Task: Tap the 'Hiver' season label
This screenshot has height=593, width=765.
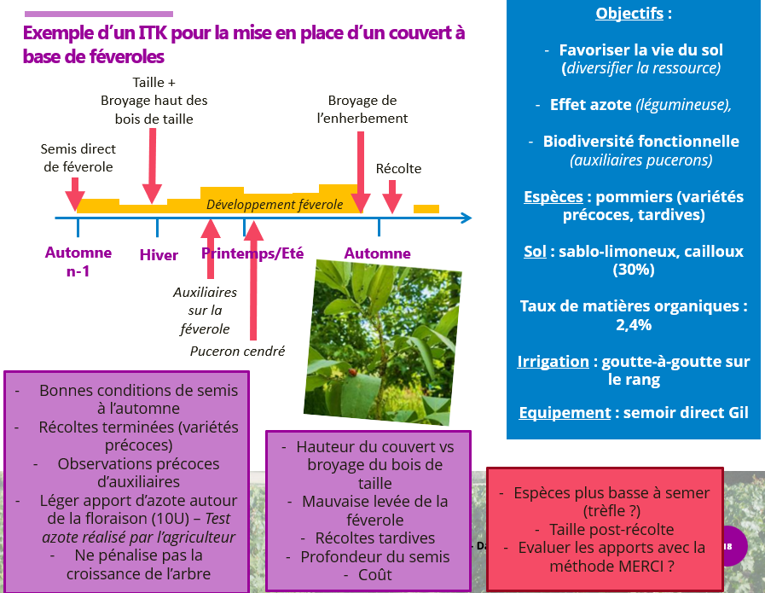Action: click(159, 255)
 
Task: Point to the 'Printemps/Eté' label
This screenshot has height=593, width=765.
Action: click(252, 253)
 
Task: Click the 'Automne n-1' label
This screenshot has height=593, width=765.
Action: click(78, 262)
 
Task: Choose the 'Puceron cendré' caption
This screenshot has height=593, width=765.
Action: click(237, 351)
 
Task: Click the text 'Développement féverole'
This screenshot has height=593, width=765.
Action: click(275, 205)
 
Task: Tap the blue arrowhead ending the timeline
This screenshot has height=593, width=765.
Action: click(465, 218)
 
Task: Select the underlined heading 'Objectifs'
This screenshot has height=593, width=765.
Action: click(628, 14)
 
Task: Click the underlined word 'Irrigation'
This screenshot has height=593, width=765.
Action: click(553, 362)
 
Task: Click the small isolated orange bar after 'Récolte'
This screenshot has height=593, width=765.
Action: click(426, 208)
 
